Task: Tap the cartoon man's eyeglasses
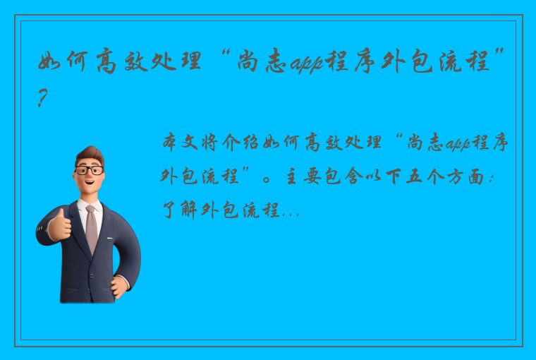point(89,170)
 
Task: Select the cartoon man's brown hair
point(90,153)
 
